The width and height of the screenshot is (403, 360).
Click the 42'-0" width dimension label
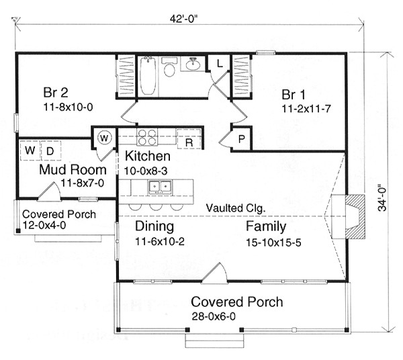(x=184, y=19)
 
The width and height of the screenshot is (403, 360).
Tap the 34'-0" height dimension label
(x=382, y=197)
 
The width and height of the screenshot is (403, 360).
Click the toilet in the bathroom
(x=169, y=67)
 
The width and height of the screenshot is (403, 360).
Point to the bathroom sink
(x=193, y=64)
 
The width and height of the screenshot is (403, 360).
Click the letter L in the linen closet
(x=220, y=63)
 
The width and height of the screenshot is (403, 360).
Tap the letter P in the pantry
(x=241, y=139)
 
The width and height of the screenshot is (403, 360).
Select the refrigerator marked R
(x=189, y=139)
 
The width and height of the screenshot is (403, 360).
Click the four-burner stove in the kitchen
(x=146, y=137)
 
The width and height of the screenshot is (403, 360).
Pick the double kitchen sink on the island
(x=160, y=186)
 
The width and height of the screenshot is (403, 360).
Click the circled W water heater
(x=104, y=138)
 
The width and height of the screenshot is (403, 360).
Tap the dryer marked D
(x=50, y=150)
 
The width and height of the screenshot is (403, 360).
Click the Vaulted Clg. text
(x=236, y=208)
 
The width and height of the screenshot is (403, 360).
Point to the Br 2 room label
(x=56, y=93)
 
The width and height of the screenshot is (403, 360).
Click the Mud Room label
(x=73, y=170)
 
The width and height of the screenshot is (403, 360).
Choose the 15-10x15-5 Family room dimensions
(x=273, y=242)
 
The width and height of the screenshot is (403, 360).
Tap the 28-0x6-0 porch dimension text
(x=214, y=316)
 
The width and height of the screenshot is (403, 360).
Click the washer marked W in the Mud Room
(x=30, y=150)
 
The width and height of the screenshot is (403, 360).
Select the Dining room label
(x=154, y=227)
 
